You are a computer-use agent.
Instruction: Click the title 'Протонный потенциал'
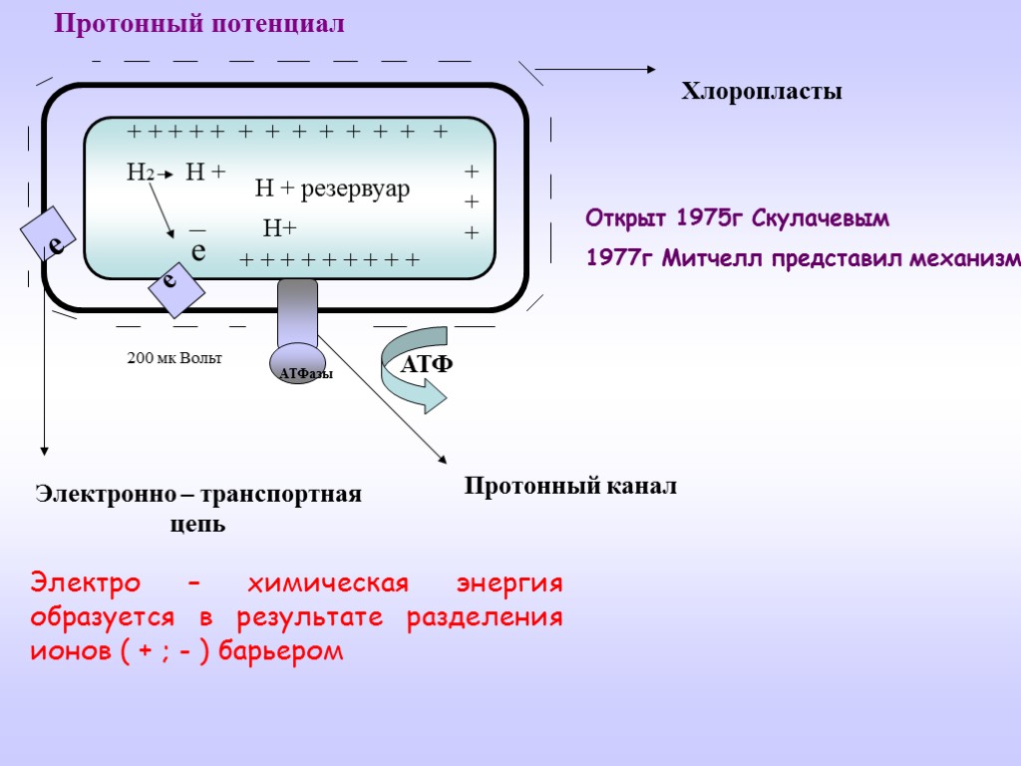199,24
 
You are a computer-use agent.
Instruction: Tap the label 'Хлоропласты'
762,92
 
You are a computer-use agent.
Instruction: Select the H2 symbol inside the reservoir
140,173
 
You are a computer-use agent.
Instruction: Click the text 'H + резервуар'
332,188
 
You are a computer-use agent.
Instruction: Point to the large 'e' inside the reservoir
198,250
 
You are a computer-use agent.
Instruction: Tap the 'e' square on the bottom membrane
175,288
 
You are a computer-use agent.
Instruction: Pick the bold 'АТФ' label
426,364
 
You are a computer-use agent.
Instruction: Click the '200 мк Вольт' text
174,357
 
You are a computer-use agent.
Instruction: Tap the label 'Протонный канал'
570,487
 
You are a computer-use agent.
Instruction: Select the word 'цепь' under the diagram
198,525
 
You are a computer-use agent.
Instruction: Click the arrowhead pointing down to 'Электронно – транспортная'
43,448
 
